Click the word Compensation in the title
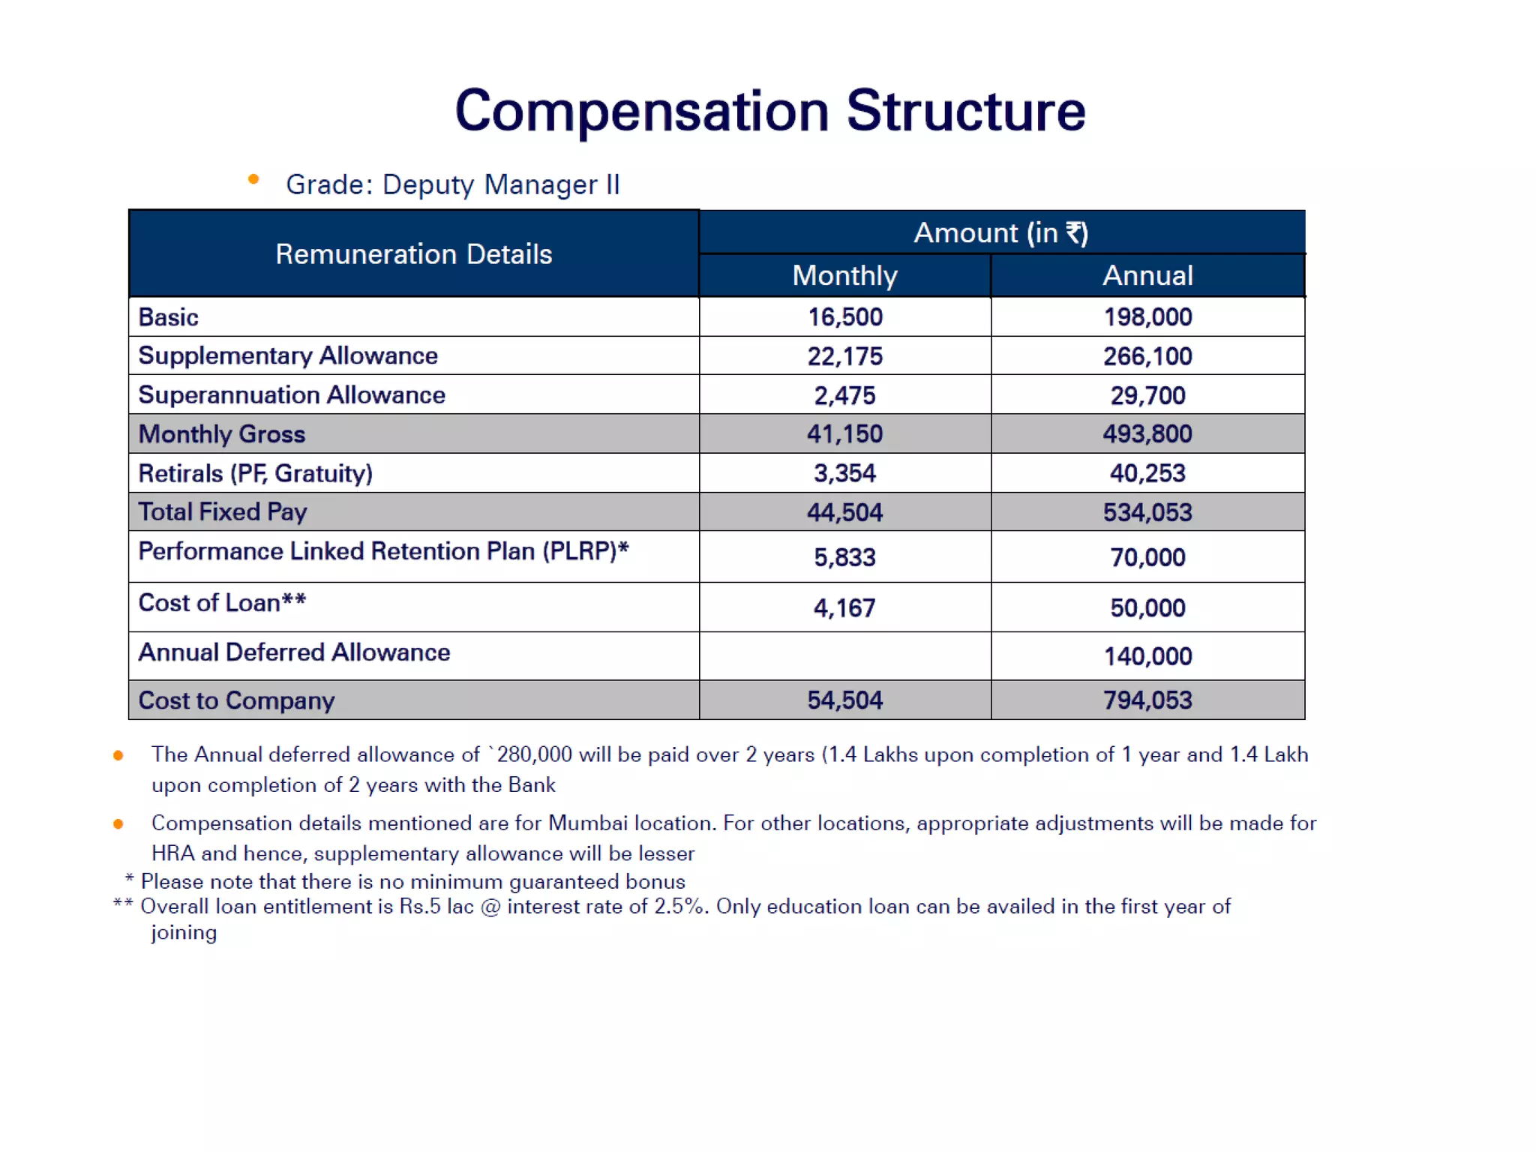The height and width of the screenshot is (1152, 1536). tap(641, 111)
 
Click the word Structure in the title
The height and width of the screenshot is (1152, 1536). tap(966, 111)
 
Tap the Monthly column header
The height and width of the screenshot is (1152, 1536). tap(844, 275)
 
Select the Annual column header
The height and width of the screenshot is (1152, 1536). tap(1147, 275)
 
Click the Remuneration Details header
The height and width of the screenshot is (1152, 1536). tap(413, 254)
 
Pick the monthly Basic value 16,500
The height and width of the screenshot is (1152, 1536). tap(844, 317)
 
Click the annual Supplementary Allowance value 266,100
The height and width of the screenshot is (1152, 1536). tap(1147, 356)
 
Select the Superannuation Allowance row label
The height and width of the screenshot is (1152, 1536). tap(292, 394)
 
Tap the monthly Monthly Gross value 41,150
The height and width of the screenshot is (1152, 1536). tap(844, 434)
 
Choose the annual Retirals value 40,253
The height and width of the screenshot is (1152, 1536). tap(1147, 473)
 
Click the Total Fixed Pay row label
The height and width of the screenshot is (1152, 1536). tap(223, 512)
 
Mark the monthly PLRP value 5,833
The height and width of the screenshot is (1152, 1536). tap(844, 557)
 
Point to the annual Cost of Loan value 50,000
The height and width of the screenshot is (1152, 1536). tap(1147, 607)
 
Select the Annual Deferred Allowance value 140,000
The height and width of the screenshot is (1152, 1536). tap(1147, 656)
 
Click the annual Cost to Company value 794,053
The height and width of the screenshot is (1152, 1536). tap(1147, 700)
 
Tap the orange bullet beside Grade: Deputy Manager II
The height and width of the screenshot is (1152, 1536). tap(253, 179)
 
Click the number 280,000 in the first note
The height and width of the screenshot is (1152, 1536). tap(534, 754)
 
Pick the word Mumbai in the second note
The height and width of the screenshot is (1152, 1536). tap(588, 823)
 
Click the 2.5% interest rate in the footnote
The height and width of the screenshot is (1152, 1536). tap(679, 907)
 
